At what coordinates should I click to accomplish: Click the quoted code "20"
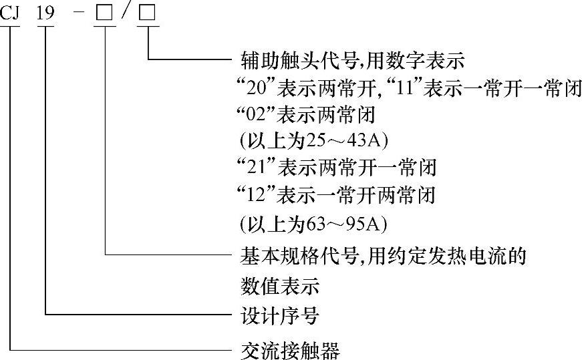[255, 87]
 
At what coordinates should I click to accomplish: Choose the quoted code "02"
[255, 115]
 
